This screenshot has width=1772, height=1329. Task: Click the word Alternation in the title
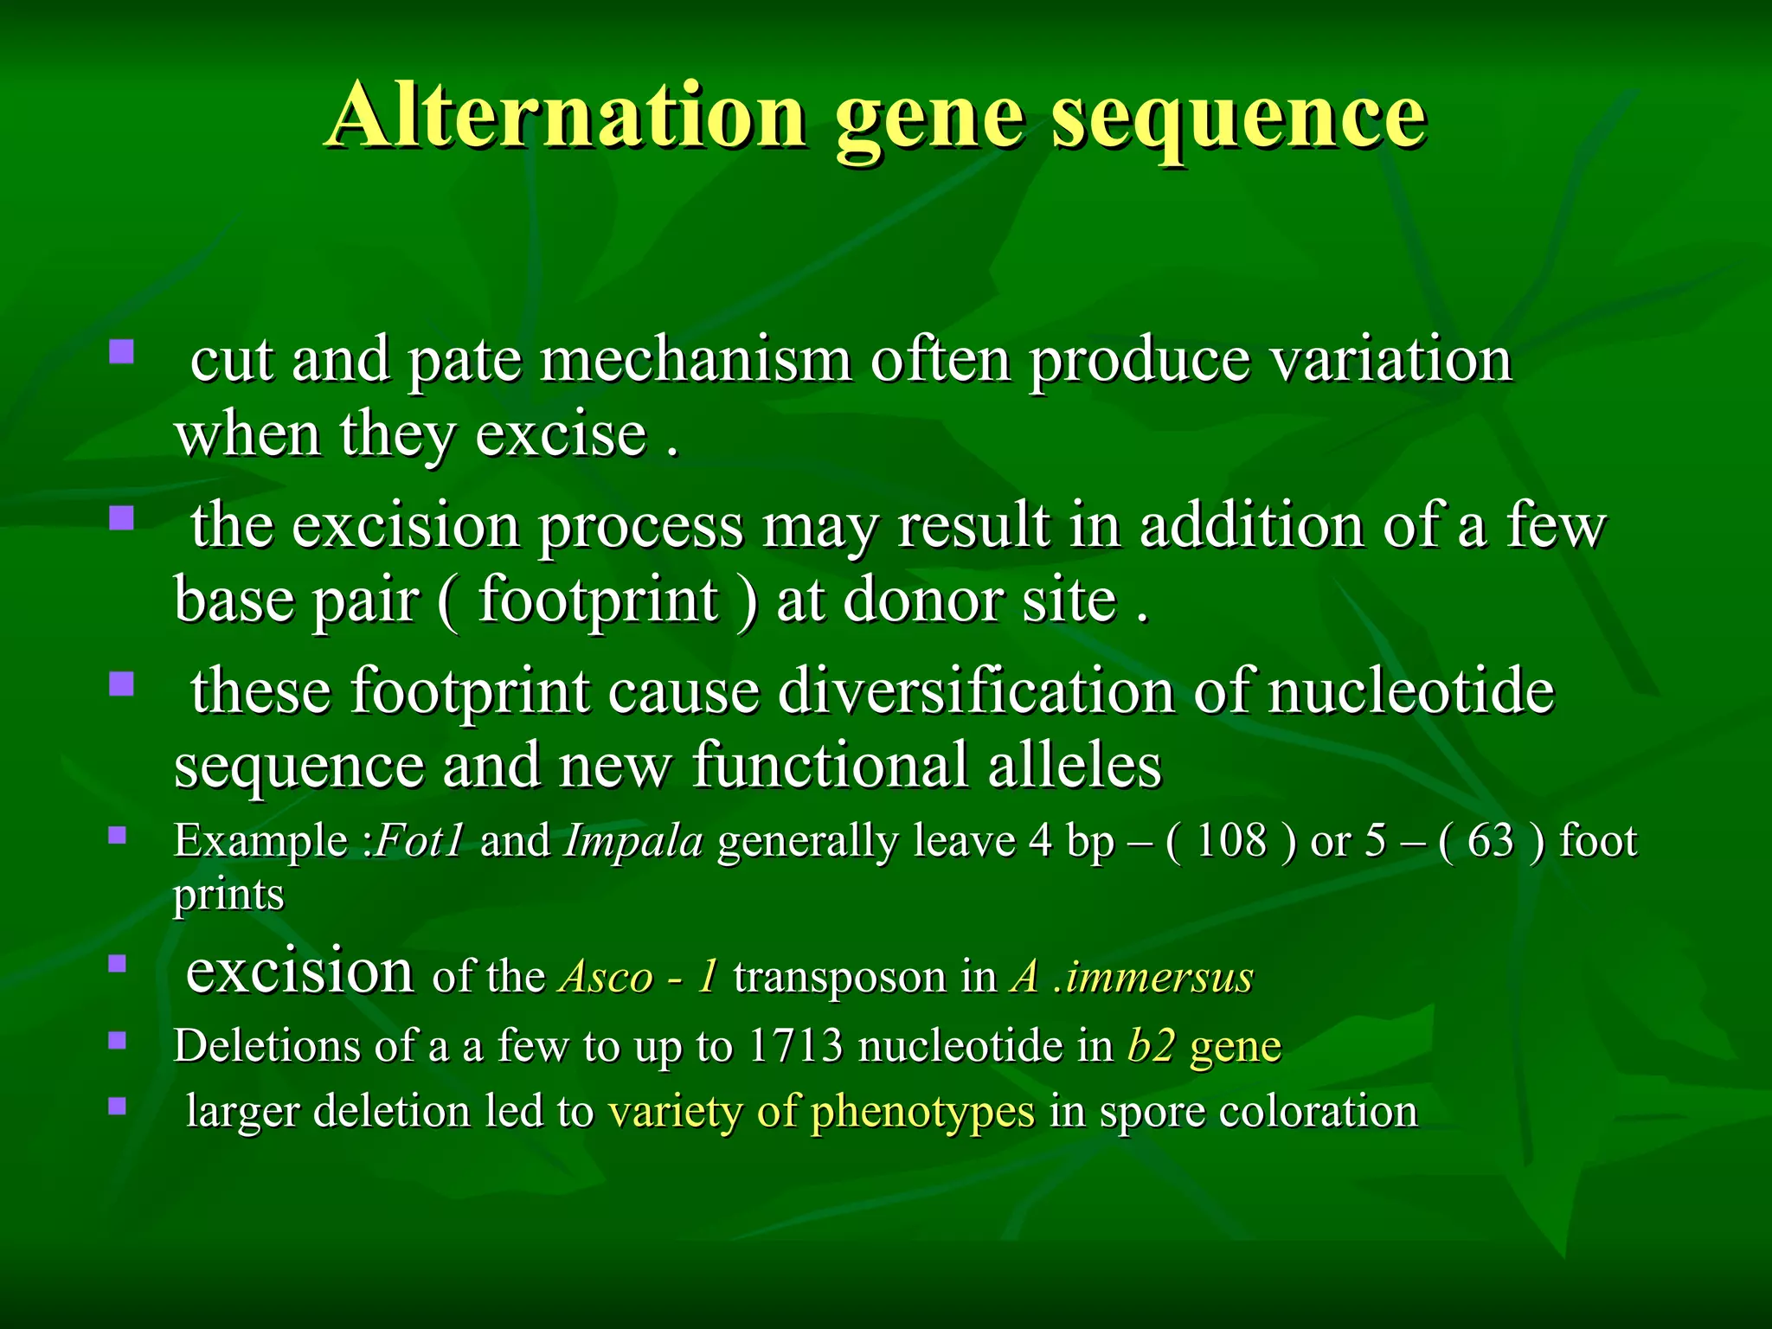[567, 117]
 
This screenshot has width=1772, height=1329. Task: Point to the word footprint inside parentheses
[597, 600]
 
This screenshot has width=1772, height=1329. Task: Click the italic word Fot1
[420, 841]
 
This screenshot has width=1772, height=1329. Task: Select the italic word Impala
[633, 841]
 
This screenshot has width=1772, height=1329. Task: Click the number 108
[1230, 841]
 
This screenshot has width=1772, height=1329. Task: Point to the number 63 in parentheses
[1490, 841]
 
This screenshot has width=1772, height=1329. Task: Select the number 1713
[795, 1045]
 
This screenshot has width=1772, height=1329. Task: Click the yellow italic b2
[1151, 1045]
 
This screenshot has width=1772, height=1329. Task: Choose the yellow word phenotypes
[922, 1113]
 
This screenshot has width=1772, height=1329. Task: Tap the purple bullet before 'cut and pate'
[121, 351]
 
